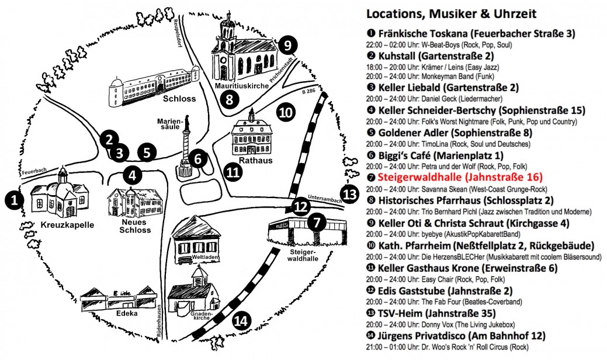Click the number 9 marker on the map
point(287,46)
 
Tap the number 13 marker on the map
point(349,193)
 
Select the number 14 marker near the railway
point(241,321)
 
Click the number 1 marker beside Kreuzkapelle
point(15,200)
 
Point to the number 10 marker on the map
point(286,113)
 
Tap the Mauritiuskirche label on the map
point(241,86)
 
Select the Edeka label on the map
point(127,313)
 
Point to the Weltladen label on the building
point(206,257)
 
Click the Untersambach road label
point(325,198)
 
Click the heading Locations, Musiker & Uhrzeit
point(452,14)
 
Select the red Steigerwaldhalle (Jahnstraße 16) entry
point(460,177)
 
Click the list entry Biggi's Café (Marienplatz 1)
point(441,155)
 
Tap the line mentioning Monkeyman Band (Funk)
point(430,76)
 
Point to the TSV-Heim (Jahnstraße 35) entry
point(436,313)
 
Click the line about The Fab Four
point(444,302)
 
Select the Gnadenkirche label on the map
point(202,316)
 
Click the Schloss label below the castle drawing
point(179,98)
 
